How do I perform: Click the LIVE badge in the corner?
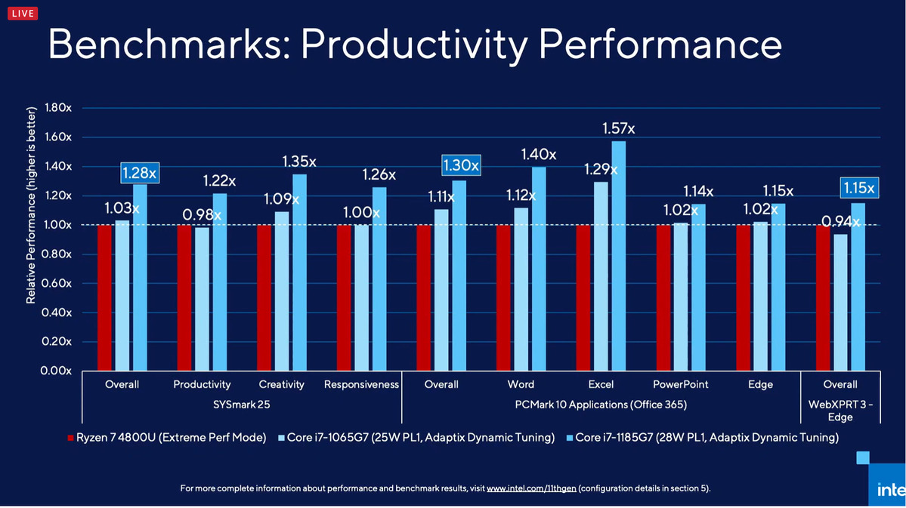coord(22,14)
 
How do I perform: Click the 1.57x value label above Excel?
coord(618,128)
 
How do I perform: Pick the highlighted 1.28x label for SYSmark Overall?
coord(140,174)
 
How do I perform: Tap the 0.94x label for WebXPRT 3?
coord(840,222)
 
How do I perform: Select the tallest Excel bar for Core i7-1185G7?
coord(618,256)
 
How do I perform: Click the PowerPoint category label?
coord(680,384)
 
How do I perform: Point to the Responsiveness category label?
coord(361,384)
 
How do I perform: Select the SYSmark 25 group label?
coord(242,405)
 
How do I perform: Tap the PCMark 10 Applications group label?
coord(601,405)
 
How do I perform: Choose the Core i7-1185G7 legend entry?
coord(707,438)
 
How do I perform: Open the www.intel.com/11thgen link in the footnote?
coord(531,488)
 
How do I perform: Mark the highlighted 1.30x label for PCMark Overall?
coord(461,165)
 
